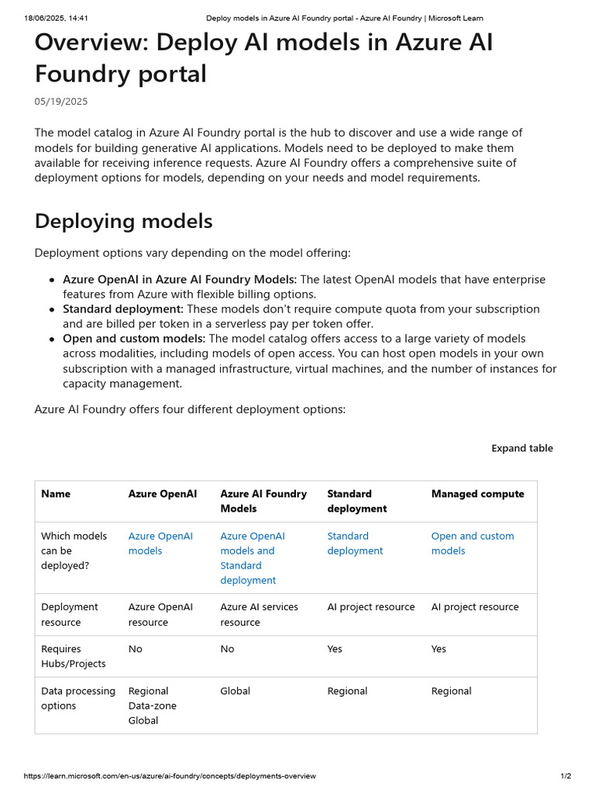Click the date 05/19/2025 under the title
pyautogui.click(x=61, y=102)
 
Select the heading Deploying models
pyautogui.click(x=123, y=221)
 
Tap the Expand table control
pyautogui.click(x=522, y=448)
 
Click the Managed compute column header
pyautogui.click(x=477, y=494)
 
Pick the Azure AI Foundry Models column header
pyautogui.click(x=263, y=501)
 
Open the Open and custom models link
pyautogui.click(x=472, y=544)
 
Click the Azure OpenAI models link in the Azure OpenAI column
pyautogui.click(x=160, y=544)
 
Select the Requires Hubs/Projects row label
pyautogui.click(x=74, y=656)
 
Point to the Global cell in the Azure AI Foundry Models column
pyautogui.click(x=235, y=691)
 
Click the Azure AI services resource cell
pyautogui.click(x=259, y=615)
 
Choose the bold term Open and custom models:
pyautogui.click(x=134, y=339)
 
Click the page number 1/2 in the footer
pyautogui.click(x=566, y=776)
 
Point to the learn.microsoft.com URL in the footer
pyautogui.click(x=170, y=776)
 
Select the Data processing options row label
pyautogui.click(x=78, y=698)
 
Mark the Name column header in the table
pyautogui.click(x=55, y=494)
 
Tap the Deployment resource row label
pyautogui.click(x=70, y=615)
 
